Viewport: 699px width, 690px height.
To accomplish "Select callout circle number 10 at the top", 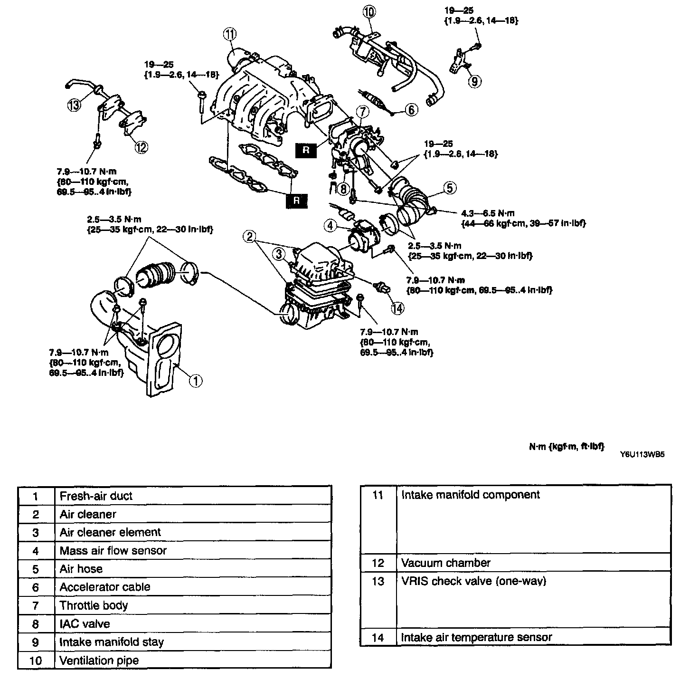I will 369,11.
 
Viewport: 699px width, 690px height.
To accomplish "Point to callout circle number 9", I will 474,81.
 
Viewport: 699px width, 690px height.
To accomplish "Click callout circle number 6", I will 411,110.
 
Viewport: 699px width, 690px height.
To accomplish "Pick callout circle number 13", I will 75,105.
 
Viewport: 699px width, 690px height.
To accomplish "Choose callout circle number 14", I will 397,308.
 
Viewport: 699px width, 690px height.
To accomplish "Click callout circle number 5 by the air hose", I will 449,188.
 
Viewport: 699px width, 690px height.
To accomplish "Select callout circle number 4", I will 331,225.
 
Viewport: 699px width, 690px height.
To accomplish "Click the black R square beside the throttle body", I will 306,151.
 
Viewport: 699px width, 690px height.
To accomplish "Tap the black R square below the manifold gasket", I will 297,201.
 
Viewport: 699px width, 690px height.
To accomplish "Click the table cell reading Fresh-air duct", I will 192,496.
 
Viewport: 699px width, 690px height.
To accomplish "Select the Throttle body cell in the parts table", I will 192,605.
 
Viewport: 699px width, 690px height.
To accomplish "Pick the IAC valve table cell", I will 192,623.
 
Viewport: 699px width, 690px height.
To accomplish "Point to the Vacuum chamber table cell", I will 533,563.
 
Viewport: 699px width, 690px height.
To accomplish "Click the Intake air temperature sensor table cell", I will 533,637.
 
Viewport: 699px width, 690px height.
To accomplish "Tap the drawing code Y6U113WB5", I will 642,454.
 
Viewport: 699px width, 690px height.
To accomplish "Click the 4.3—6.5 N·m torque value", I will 488,213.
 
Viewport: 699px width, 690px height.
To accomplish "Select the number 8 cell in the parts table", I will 36,623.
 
